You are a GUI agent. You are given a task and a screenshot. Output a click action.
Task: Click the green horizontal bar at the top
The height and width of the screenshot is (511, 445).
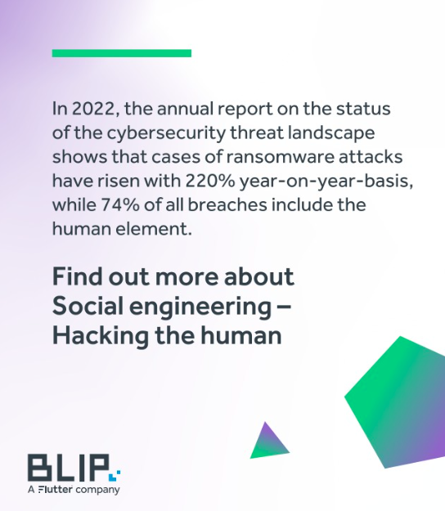tap(121, 53)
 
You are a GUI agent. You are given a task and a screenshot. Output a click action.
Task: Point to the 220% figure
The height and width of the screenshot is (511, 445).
tap(223, 181)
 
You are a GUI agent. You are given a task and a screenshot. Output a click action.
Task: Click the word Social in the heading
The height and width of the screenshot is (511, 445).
tap(88, 307)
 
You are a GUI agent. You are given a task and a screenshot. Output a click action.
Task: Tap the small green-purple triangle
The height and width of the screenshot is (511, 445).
tap(267, 442)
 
